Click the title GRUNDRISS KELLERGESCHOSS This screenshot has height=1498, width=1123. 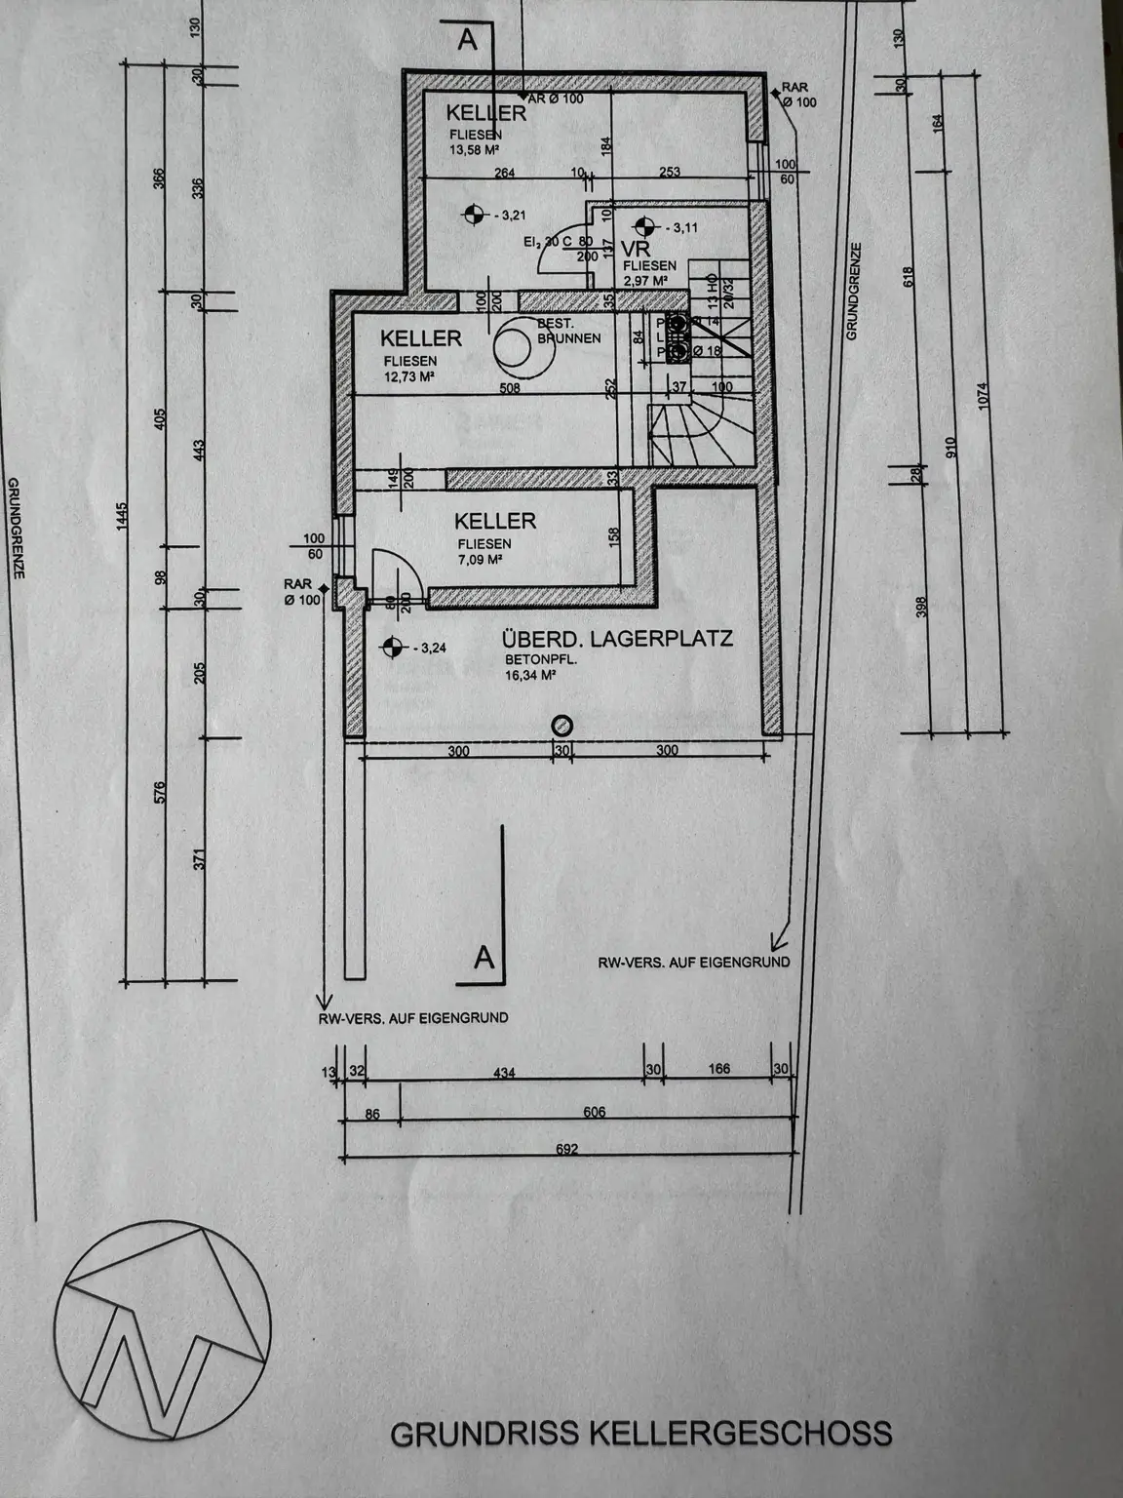click(640, 1434)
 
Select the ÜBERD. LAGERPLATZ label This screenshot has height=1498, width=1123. click(616, 641)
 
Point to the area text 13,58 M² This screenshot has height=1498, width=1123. click(474, 150)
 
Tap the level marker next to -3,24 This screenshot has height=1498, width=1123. click(391, 646)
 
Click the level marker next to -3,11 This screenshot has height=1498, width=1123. click(640, 226)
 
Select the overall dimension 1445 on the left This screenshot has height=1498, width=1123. click(122, 522)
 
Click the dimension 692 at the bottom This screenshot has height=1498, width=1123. click(566, 1149)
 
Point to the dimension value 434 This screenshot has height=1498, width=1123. click(504, 1073)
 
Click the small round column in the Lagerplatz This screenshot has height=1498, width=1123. click(562, 725)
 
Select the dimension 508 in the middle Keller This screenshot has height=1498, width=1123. click(510, 387)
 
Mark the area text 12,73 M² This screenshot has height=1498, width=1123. click(408, 375)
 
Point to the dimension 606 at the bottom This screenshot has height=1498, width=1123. click(595, 1112)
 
